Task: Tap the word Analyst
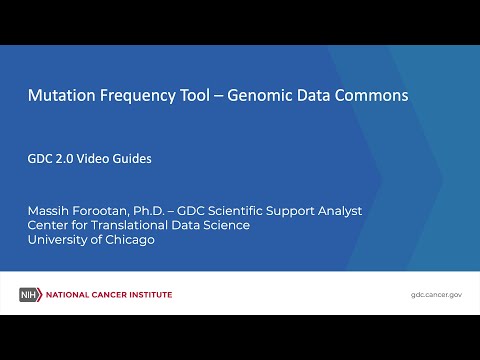337,211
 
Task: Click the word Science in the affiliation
225,225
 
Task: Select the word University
60,240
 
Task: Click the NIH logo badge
28,295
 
